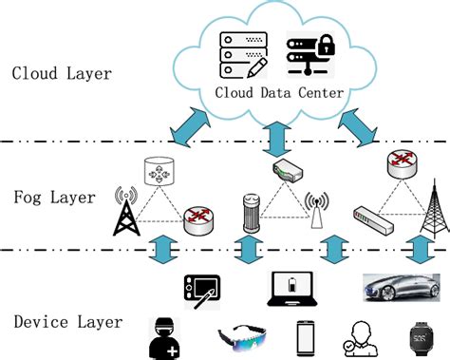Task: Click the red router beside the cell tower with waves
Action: pos(197,218)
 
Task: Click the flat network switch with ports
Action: pos(373,220)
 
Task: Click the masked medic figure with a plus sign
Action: pos(164,334)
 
